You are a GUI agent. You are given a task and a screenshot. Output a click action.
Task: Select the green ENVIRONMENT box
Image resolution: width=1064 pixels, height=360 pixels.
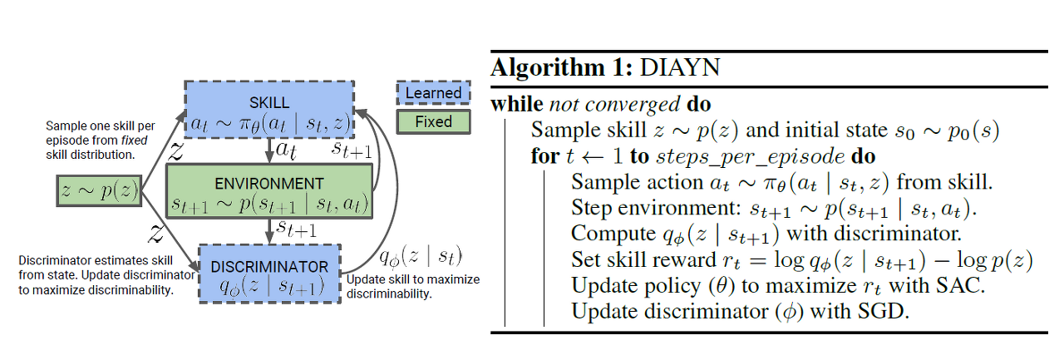point(268,191)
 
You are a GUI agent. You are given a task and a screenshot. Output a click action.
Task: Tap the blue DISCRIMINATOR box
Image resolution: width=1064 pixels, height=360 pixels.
point(269,274)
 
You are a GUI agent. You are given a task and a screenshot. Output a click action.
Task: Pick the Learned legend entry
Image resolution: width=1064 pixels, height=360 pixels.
point(433,93)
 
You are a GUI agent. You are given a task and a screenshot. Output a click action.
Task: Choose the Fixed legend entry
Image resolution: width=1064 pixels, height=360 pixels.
point(433,121)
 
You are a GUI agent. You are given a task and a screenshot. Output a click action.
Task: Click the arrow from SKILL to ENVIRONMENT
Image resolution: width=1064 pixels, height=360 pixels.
point(269,151)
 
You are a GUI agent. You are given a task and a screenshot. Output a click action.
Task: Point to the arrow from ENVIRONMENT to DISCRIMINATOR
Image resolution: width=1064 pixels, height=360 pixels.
point(269,232)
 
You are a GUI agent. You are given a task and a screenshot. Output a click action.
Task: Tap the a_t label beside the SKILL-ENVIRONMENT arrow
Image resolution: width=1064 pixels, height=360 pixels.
point(288,150)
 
